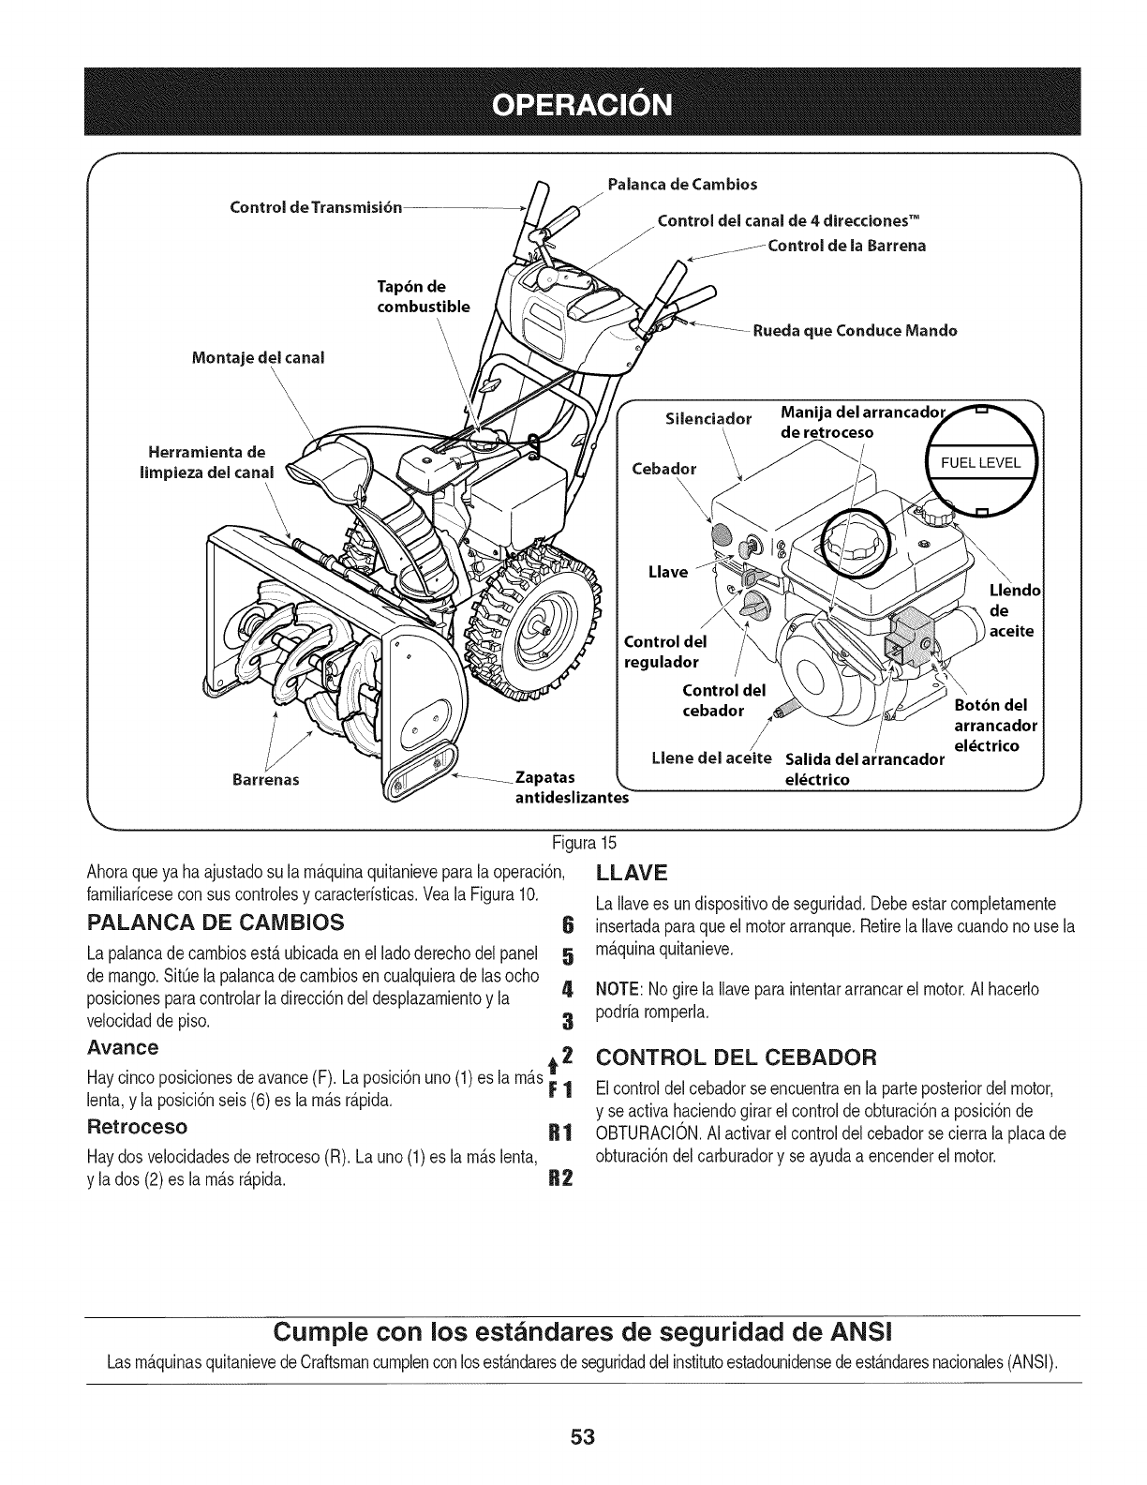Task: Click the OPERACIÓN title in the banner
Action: (573, 102)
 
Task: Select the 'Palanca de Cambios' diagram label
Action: (682, 182)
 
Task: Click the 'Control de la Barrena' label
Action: (846, 246)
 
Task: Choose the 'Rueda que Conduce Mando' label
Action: (856, 330)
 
